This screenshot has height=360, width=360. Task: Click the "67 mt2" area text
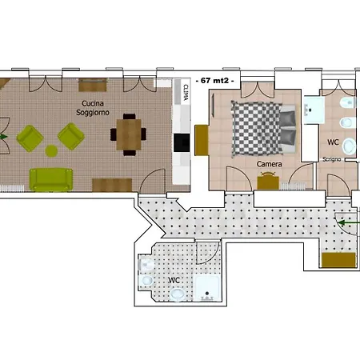pyautogui.click(x=215, y=80)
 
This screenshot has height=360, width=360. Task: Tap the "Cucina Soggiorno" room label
pyautogui.click(x=93, y=108)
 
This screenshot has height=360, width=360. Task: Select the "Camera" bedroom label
pyautogui.click(x=269, y=164)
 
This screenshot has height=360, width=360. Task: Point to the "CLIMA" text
pyautogui.click(x=186, y=92)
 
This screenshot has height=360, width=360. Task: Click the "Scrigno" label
pyautogui.click(x=332, y=159)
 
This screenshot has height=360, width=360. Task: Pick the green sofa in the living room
pyautogui.click(x=50, y=179)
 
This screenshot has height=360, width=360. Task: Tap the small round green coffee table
pyautogui.click(x=51, y=150)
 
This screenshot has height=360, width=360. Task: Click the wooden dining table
pyautogui.click(x=129, y=134)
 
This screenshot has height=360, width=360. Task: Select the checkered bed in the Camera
pyautogui.click(x=263, y=128)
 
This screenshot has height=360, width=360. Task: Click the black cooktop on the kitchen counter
pyautogui.click(x=182, y=142)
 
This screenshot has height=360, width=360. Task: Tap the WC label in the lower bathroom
pyautogui.click(x=174, y=280)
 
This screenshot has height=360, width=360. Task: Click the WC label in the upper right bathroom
pyautogui.click(x=333, y=142)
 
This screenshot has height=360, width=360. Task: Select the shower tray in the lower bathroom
pyautogui.click(x=207, y=289)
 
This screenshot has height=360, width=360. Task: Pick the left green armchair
pyautogui.click(x=30, y=138)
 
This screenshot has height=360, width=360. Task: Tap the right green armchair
pyautogui.click(x=71, y=136)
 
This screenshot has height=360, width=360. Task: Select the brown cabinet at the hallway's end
pyautogui.click(x=338, y=260)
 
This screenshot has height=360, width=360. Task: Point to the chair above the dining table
pyautogui.click(x=130, y=117)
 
